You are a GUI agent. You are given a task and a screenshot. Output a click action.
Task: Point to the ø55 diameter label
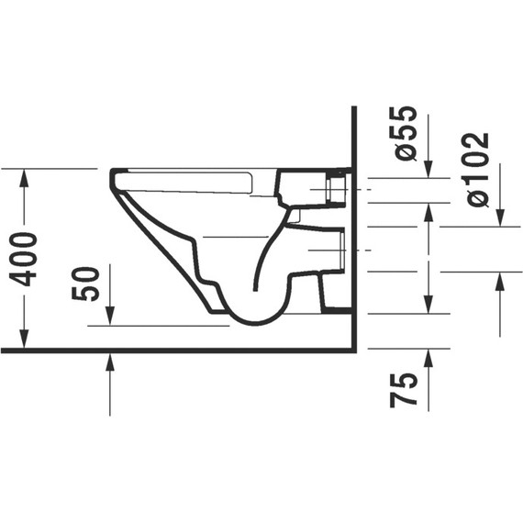coord(406,134)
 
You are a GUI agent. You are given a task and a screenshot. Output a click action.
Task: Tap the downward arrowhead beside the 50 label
coord(110,317)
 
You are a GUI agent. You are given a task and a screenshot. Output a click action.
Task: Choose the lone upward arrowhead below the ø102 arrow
coord(500,281)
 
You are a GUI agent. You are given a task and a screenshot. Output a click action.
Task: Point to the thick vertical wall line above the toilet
coord(354,138)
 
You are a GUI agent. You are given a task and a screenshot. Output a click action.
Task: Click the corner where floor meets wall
coord(354,350)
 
